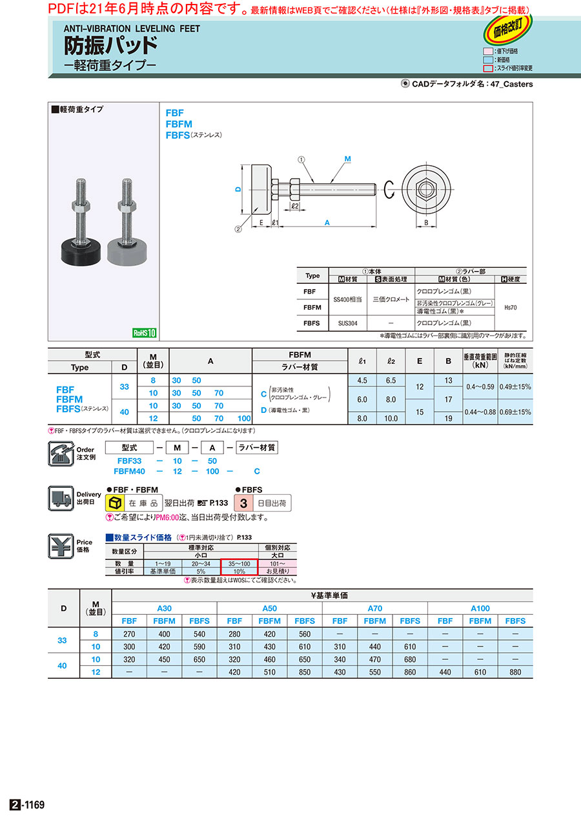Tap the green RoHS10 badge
coord(145,333)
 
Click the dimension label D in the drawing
coord(238,189)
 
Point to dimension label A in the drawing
coord(327,222)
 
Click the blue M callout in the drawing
coord(347,159)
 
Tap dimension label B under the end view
coord(426,223)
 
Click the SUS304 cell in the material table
coord(349,323)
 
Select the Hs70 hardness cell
coord(509,308)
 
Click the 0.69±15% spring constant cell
coord(515,412)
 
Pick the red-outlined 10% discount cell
coord(239,571)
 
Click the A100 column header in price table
coord(480,608)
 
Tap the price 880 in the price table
coord(515,672)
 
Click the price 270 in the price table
coord(129,634)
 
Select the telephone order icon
coord(61,454)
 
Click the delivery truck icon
coord(61,499)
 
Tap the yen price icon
coord(61,546)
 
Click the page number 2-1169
coord(27,805)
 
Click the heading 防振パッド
coord(110,46)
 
